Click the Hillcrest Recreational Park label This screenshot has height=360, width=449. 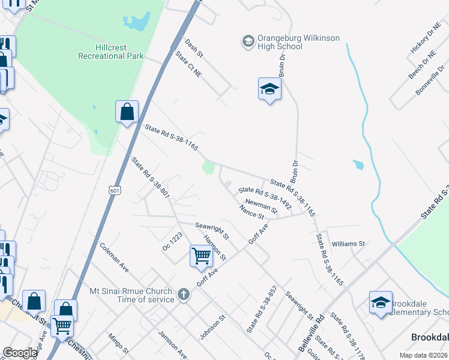click(110, 52)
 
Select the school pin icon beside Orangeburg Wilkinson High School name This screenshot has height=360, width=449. click(248, 41)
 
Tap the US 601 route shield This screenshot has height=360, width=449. click(115, 190)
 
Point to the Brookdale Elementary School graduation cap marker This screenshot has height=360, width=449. click(381, 304)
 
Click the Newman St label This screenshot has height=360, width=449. click(261, 207)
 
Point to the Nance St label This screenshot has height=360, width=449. click(251, 212)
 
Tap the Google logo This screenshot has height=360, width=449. click(20, 353)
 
